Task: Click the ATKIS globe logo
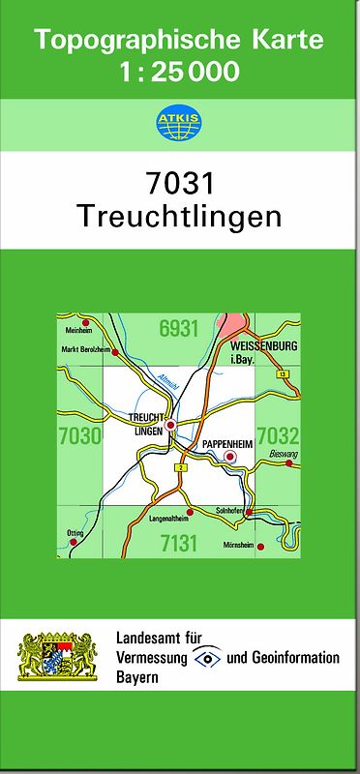179,121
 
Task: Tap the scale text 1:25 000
180,72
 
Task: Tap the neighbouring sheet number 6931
178,329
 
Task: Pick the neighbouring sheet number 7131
179,543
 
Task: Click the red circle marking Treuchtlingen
171,425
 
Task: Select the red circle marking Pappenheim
230,457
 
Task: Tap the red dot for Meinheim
85,323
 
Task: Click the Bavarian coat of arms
59,658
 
